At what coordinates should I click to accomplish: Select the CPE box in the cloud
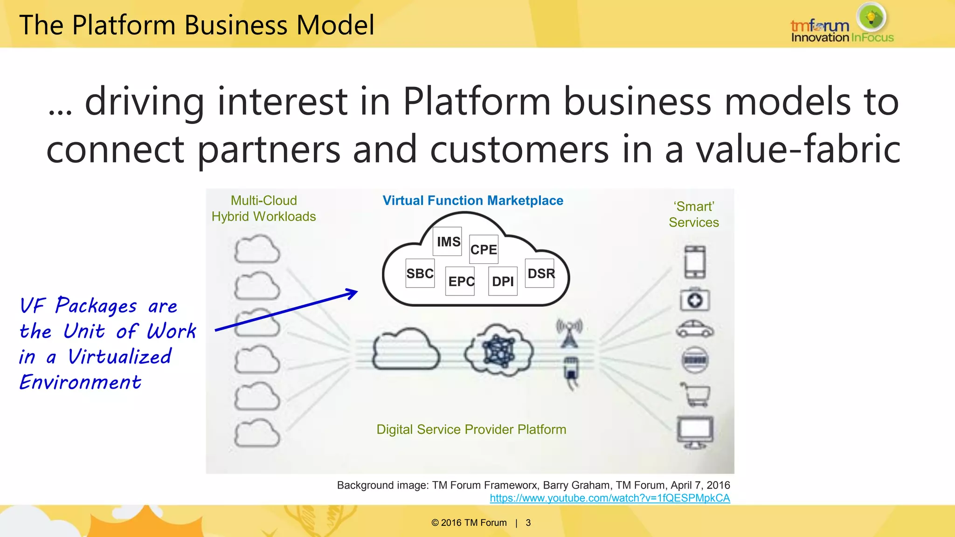484,249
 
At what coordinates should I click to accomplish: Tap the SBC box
420,274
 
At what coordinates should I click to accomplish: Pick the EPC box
460,281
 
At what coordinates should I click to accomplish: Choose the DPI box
503,281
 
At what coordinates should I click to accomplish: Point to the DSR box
540,274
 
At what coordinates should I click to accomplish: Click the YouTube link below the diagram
609,498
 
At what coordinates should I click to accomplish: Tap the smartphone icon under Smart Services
695,262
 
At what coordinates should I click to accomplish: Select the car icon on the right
695,329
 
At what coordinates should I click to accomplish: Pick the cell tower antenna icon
569,333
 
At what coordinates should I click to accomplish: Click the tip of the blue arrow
357,292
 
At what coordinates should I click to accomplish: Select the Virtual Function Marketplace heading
473,200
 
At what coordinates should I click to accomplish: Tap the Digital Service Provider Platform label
471,429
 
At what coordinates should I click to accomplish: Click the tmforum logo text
820,26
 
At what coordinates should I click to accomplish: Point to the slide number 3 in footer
528,523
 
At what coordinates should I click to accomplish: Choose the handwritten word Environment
80,382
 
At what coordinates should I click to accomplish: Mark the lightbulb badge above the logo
871,17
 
